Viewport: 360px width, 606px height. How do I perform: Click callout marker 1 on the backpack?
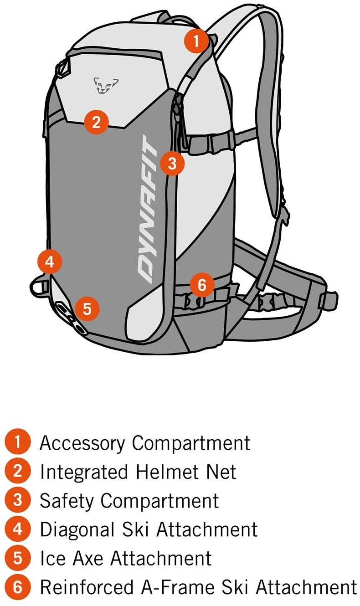(196, 41)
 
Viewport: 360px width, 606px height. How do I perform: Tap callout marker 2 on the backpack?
(96, 122)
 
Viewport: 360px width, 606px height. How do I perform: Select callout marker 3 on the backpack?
(172, 163)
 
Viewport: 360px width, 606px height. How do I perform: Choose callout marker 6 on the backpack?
(202, 285)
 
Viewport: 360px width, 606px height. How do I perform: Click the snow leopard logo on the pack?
(106, 85)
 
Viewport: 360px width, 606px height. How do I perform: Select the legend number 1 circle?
(18, 442)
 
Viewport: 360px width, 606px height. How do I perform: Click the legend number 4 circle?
(18, 529)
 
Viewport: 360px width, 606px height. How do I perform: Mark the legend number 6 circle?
(18, 587)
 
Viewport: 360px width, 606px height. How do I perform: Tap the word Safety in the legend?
(67, 501)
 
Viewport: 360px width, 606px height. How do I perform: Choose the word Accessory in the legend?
(82, 443)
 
